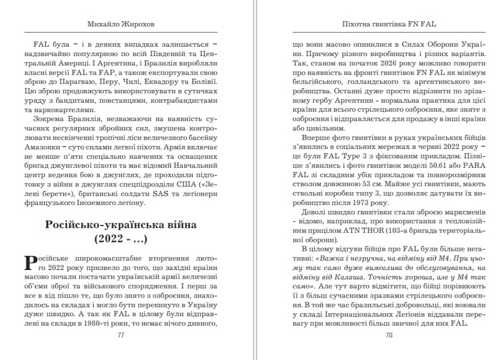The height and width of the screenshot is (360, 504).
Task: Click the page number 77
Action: coord(121,335)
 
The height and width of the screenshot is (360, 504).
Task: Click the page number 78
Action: coord(389,335)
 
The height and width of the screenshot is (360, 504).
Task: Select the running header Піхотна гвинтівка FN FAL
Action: coord(389,24)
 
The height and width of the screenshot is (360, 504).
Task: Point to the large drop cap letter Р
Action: coord(30,263)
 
